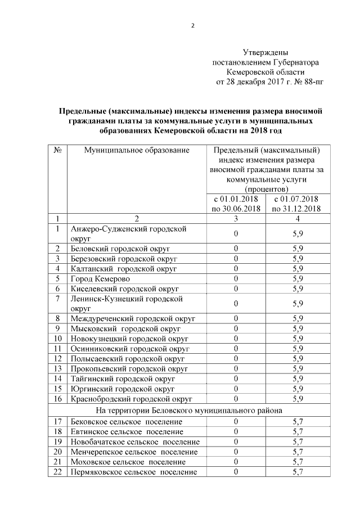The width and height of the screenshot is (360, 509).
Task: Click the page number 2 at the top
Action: (x=192, y=26)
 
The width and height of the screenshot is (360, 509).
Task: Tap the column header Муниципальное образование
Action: (x=137, y=150)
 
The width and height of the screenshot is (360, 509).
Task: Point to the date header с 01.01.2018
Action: (x=236, y=199)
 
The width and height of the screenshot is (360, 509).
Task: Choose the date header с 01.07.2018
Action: (x=296, y=199)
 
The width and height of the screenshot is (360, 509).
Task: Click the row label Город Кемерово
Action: (x=100, y=278)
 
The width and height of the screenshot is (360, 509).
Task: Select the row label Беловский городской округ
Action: (x=120, y=248)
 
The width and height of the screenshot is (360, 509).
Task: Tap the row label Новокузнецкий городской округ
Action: (x=129, y=339)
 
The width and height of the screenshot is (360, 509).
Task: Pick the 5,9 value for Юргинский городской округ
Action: (x=298, y=389)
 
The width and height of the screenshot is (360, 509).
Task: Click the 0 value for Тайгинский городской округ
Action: (x=236, y=379)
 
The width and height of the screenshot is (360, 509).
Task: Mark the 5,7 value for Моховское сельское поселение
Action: (x=298, y=462)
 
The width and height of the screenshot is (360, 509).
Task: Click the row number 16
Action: (x=58, y=399)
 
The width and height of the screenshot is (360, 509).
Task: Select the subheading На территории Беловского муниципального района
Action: (x=190, y=410)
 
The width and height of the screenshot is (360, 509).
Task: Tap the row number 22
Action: (x=58, y=472)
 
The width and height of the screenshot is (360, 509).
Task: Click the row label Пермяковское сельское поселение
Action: (x=134, y=472)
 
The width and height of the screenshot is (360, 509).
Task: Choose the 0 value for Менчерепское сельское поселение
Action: (x=236, y=452)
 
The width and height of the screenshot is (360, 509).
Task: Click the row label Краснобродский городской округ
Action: (x=132, y=399)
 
